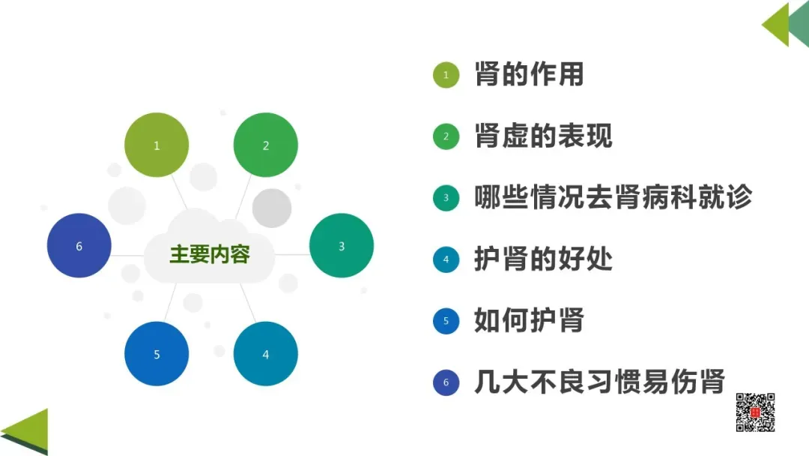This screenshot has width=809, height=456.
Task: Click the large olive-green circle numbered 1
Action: click(157, 145)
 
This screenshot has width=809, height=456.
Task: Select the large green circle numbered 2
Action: click(266, 145)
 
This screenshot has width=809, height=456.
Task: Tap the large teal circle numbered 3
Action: click(342, 246)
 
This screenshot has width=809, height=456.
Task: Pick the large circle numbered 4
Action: click(266, 354)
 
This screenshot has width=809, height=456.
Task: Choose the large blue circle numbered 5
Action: click(157, 354)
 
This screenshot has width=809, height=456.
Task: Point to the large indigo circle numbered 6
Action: click(79, 246)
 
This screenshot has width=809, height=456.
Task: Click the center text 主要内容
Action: click(209, 254)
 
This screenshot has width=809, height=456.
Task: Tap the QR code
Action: click(755, 412)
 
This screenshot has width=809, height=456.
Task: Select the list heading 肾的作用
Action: click(529, 74)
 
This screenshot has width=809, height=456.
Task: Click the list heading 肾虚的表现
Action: click(543, 136)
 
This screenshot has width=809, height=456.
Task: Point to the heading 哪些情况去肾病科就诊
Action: click(613, 197)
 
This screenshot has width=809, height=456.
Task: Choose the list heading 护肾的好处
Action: click(543, 259)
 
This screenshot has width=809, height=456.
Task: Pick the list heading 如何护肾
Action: click(529, 321)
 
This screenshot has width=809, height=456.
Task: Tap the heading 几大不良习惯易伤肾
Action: click(599, 382)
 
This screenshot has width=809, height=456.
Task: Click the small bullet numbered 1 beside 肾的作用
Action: click(446, 75)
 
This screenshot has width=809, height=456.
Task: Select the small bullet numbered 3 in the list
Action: click(446, 198)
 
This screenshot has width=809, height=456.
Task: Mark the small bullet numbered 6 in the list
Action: click(446, 383)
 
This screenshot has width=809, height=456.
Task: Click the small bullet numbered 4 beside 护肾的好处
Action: click(446, 259)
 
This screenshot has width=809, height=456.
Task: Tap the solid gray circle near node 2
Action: click(271, 208)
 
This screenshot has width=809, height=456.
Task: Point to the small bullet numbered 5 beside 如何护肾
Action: click(446, 321)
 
